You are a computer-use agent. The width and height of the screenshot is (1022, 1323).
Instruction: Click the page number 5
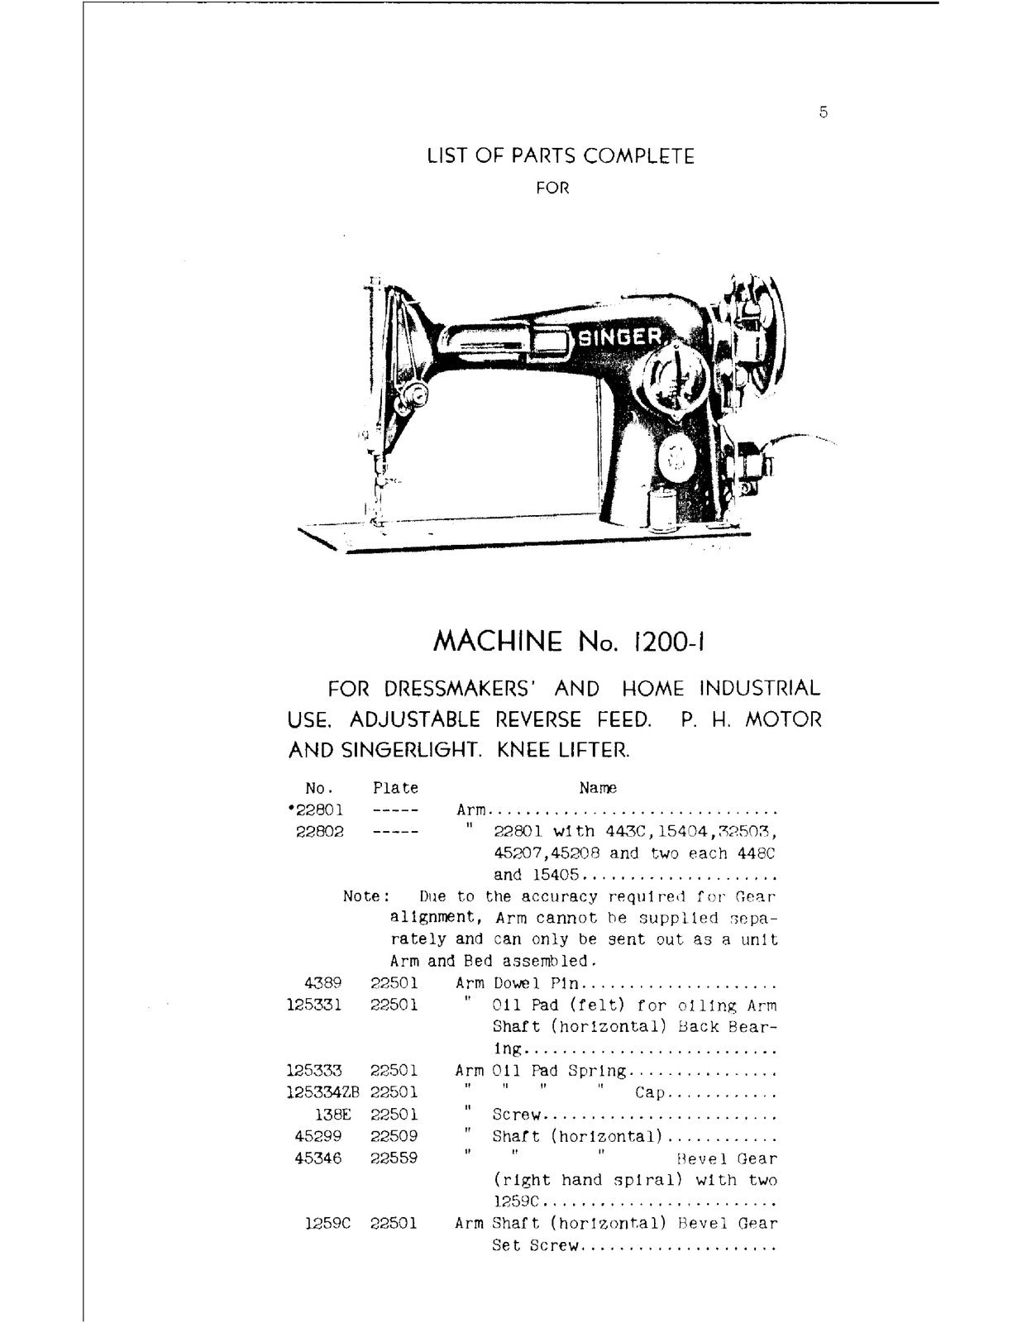point(824,113)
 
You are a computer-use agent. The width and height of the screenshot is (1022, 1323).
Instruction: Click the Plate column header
point(395,789)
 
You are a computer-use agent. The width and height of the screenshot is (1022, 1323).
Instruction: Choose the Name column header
point(598,789)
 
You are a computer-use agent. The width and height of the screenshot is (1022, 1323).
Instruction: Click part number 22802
point(319,832)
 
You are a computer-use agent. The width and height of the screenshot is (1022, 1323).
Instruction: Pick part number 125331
point(314,1005)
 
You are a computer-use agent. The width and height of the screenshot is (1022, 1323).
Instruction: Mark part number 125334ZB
point(324,1092)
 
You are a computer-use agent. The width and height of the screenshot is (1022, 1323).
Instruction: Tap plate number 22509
point(394,1136)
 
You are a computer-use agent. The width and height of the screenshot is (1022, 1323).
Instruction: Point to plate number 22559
point(394,1158)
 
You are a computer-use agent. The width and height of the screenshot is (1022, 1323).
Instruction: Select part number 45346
point(319,1158)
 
